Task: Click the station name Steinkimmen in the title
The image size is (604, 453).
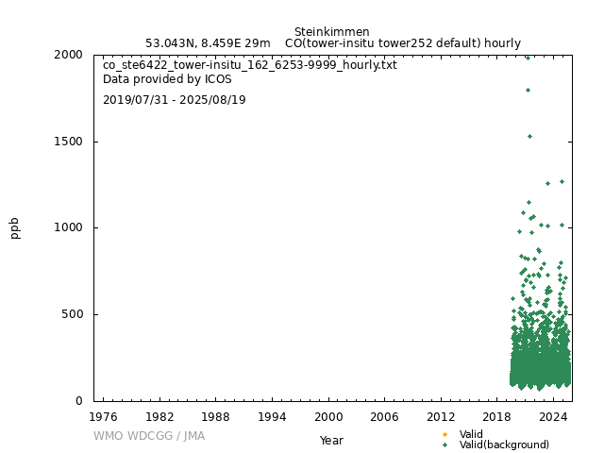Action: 332,31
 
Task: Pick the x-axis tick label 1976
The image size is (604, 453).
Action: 103,416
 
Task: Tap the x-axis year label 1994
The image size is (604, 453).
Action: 272,416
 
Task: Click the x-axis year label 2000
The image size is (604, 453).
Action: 328,416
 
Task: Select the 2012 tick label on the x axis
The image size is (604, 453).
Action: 441,416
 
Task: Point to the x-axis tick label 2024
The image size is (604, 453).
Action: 554,416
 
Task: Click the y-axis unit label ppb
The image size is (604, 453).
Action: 15,227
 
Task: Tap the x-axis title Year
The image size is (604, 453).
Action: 331,440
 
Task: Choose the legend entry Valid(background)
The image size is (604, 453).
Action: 504,445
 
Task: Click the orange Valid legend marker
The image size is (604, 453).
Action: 445,434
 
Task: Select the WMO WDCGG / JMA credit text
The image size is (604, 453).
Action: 149,436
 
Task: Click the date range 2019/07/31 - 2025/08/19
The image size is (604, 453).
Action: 175,99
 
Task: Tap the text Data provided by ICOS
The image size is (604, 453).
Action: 167,79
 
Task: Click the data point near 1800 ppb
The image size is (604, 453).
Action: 528,90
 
